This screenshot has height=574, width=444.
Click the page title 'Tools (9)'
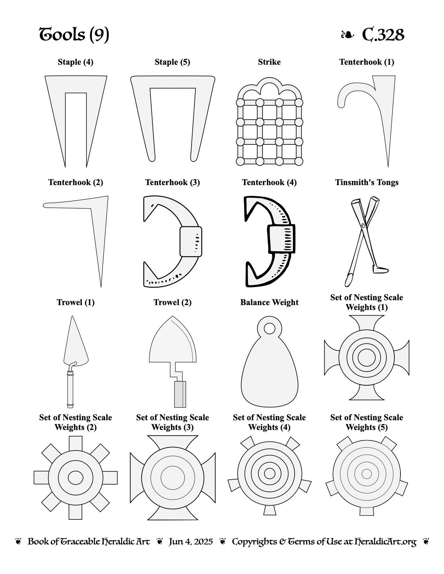[x=74, y=34]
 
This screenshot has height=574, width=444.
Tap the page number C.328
[x=383, y=34]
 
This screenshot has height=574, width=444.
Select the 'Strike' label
[x=269, y=62]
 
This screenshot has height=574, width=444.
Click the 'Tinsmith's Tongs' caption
[x=367, y=182]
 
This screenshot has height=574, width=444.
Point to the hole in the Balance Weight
[x=270, y=329]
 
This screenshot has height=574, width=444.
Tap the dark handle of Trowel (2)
[x=180, y=394]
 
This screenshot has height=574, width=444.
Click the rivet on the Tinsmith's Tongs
[x=363, y=225]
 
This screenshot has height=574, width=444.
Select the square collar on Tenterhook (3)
[x=191, y=241]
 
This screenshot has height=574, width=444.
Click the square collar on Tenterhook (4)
[x=281, y=239]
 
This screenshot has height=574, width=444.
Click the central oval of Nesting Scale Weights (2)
[x=75, y=478]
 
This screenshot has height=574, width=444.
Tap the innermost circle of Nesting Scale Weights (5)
[x=367, y=474]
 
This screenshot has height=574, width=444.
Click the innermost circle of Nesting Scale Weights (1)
[x=367, y=357]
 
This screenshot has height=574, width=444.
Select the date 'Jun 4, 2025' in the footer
[x=191, y=542]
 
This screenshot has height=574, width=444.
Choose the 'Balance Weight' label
[x=269, y=302]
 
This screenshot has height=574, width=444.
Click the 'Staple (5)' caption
[x=172, y=62]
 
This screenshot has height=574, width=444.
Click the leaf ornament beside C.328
[x=347, y=34]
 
